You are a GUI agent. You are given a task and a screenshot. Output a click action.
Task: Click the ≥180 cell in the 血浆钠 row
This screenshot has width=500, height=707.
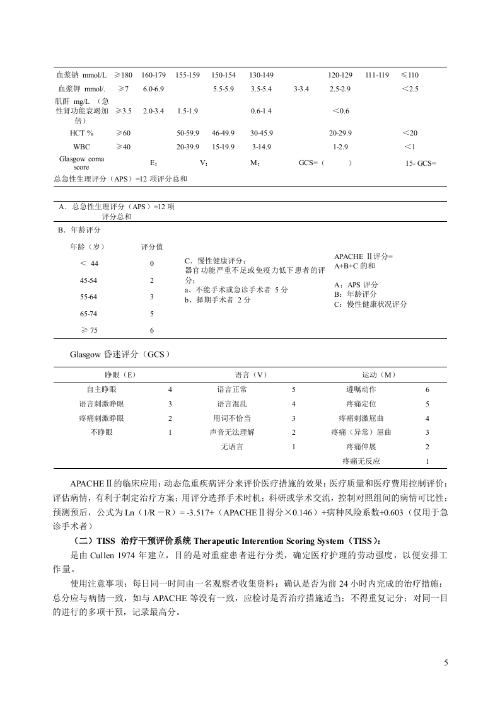point(123,75)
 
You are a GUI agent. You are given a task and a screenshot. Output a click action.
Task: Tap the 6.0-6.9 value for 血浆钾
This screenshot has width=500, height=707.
point(153,88)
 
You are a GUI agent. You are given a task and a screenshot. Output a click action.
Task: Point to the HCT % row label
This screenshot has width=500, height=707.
point(81,133)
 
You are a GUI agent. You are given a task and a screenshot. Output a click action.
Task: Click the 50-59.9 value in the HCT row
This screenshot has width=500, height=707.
point(188,133)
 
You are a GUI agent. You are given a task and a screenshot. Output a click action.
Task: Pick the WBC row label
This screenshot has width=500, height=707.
point(81,146)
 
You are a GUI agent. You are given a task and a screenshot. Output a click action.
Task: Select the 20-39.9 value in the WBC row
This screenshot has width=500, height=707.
point(188,146)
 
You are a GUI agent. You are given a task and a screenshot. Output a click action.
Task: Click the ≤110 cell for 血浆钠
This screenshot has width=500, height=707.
point(410,75)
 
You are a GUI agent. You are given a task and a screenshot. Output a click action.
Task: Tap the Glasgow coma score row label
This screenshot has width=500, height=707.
point(81,163)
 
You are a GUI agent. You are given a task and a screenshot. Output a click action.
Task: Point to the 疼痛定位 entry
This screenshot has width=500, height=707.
point(361,404)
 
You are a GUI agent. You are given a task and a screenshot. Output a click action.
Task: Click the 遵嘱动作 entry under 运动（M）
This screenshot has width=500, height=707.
point(361,389)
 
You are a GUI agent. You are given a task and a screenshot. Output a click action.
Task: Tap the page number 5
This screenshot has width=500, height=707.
point(446,662)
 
